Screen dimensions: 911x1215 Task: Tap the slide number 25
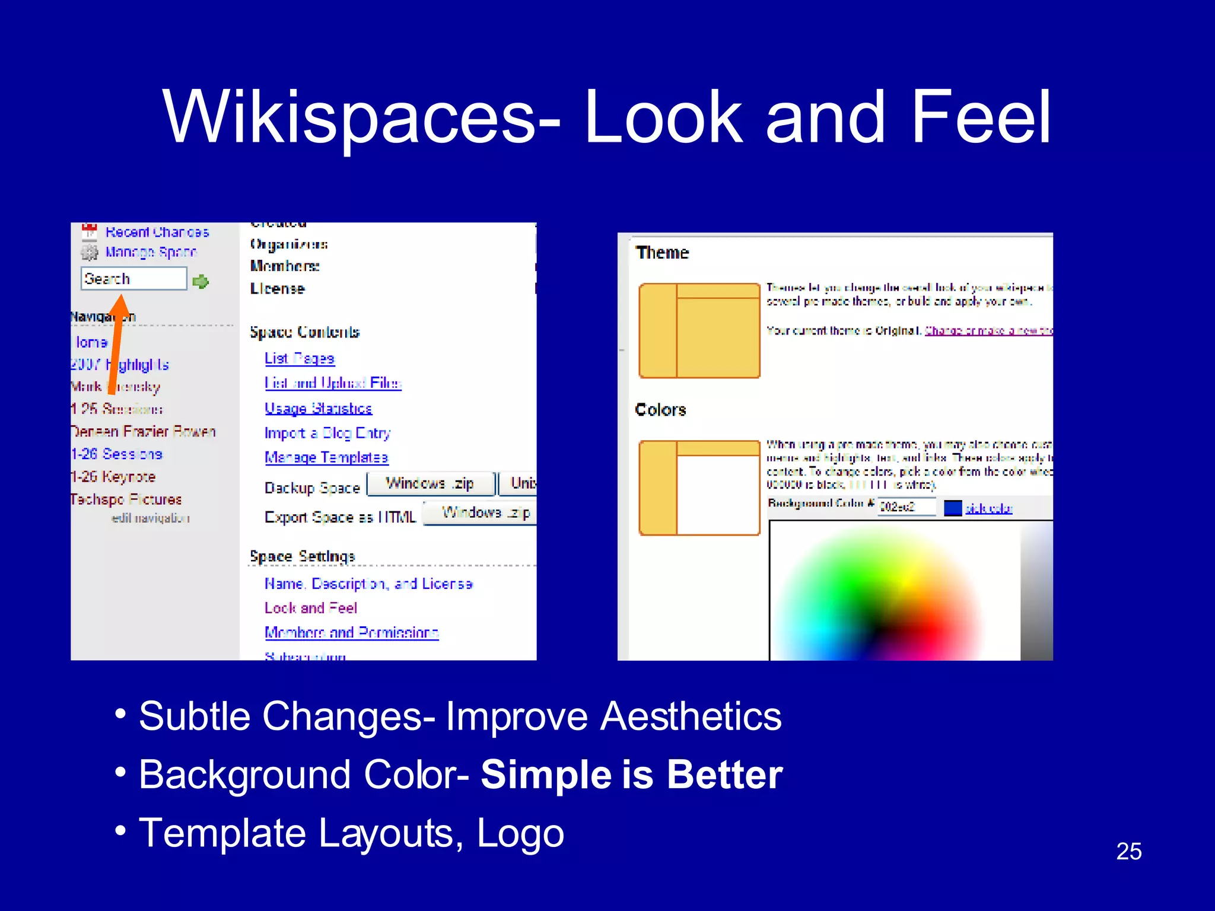point(1128,851)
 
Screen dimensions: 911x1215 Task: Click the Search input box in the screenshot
point(133,278)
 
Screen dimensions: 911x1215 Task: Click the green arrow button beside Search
point(201,281)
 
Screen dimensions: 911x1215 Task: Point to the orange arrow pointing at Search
point(116,344)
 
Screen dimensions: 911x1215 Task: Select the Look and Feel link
point(310,608)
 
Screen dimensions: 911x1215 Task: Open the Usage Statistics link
point(318,408)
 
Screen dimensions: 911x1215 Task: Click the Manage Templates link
point(326,457)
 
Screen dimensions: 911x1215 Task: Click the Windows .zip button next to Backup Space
point(430,484)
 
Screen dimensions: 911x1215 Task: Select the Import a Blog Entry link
point(327,433)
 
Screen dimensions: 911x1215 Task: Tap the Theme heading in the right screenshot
point(662,253)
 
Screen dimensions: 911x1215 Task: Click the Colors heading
point(660,410)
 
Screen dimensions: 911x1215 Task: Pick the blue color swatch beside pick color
point(952,508)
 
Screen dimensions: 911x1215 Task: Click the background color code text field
point(905,507)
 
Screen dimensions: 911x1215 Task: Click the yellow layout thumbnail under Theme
point(699,331)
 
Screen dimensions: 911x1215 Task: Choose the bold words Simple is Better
point(631,775)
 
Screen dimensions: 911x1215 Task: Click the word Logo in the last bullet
point(520,833)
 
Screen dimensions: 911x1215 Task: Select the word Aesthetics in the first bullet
point(691,716)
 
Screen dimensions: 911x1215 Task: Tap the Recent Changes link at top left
point(157,232)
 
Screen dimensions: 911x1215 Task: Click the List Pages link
point(300,358)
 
